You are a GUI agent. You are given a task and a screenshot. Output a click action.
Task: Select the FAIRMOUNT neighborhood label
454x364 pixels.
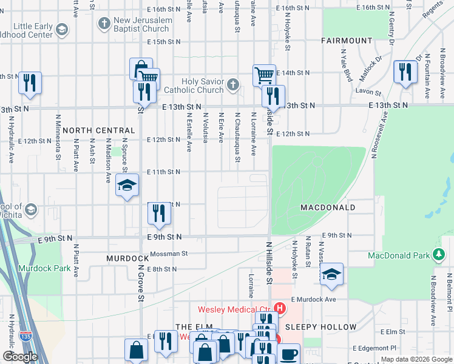pyautogui.click(x=347, y=41)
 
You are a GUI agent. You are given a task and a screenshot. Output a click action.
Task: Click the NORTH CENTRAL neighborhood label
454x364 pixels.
pyautogui.click(x=98, y=130)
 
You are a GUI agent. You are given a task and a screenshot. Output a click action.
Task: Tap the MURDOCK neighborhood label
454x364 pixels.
pyautogui.click(x=127, y=258)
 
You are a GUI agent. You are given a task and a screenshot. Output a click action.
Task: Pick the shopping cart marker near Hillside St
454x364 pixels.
pyautogui.click(x=264, y=76)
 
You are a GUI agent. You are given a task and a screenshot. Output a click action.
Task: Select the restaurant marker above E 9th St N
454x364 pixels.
pyautogui.click(x=159, y=213)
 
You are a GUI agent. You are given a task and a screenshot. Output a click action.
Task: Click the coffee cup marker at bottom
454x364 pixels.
pyautogui.click(x=289, y=354)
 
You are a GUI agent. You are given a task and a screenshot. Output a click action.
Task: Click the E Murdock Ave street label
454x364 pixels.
pyautogui.click(x=313, y=300)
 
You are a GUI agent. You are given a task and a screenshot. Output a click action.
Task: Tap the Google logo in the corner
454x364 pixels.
pyautogui.click(x=20, y=357)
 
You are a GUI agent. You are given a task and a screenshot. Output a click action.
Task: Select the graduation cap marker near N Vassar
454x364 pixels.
pyautogui.click(x=331, y=274)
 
